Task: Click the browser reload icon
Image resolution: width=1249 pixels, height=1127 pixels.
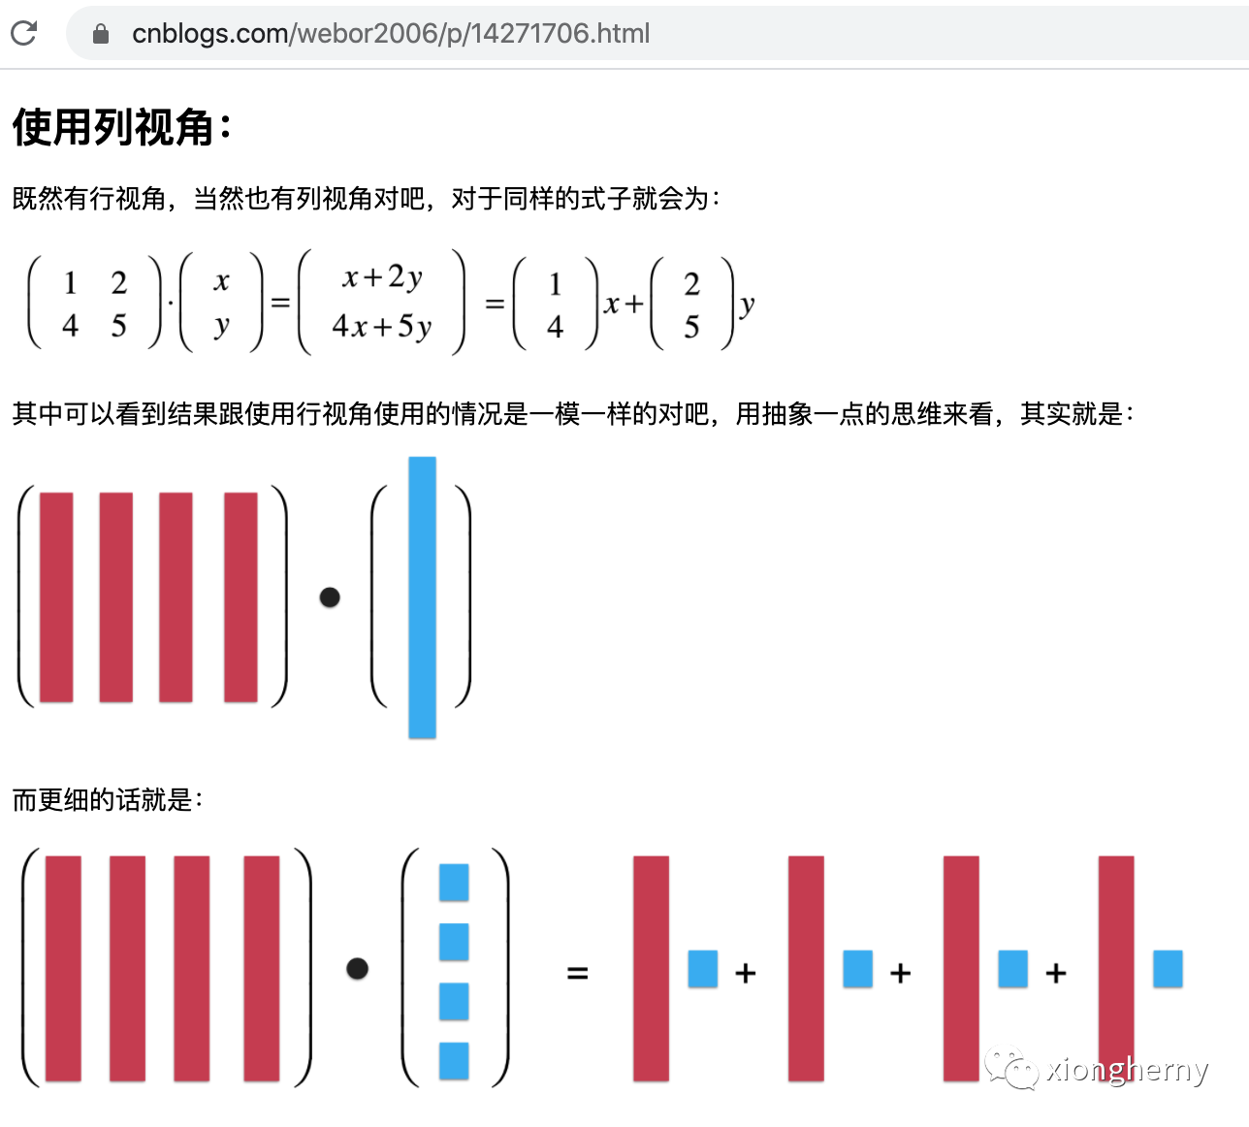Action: [x=24, y=33]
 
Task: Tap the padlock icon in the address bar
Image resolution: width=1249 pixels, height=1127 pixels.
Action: [x=100, y=34]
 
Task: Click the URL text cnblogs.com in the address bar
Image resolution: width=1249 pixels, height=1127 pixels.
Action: [x=209, y=34]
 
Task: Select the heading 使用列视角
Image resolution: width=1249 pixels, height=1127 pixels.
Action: [x=113, y=127]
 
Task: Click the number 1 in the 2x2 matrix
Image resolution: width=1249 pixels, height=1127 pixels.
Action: [x=71, y=283]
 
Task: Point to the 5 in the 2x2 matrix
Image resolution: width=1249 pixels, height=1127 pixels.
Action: [x=119, y=325]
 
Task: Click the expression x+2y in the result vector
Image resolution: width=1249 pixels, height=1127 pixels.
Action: [x=382, y=277]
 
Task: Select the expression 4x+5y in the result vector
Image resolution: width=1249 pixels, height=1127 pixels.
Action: [x=382, y=327]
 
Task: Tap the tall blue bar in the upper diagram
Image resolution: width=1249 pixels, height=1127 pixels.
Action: [x=422, y=597]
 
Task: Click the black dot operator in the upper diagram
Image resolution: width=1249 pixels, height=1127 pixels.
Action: [x=330, y=597]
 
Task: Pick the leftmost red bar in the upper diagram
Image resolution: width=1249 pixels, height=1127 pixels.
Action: [x=56, y=597]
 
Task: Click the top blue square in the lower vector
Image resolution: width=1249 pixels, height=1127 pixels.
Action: [x=454, y=883]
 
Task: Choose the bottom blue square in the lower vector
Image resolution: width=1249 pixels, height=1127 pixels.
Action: [x=454, y=1061]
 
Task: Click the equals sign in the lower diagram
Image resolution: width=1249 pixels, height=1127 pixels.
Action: [x=577, y=973]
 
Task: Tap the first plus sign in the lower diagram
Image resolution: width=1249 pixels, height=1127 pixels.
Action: [x=746, y=973]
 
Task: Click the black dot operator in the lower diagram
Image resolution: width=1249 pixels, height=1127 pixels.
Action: [x=358, y=969]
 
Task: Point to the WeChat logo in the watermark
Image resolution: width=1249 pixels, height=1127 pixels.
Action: [x=1011, y=1068]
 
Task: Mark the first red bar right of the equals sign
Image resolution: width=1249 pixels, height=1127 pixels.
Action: [x=652, y=969]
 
